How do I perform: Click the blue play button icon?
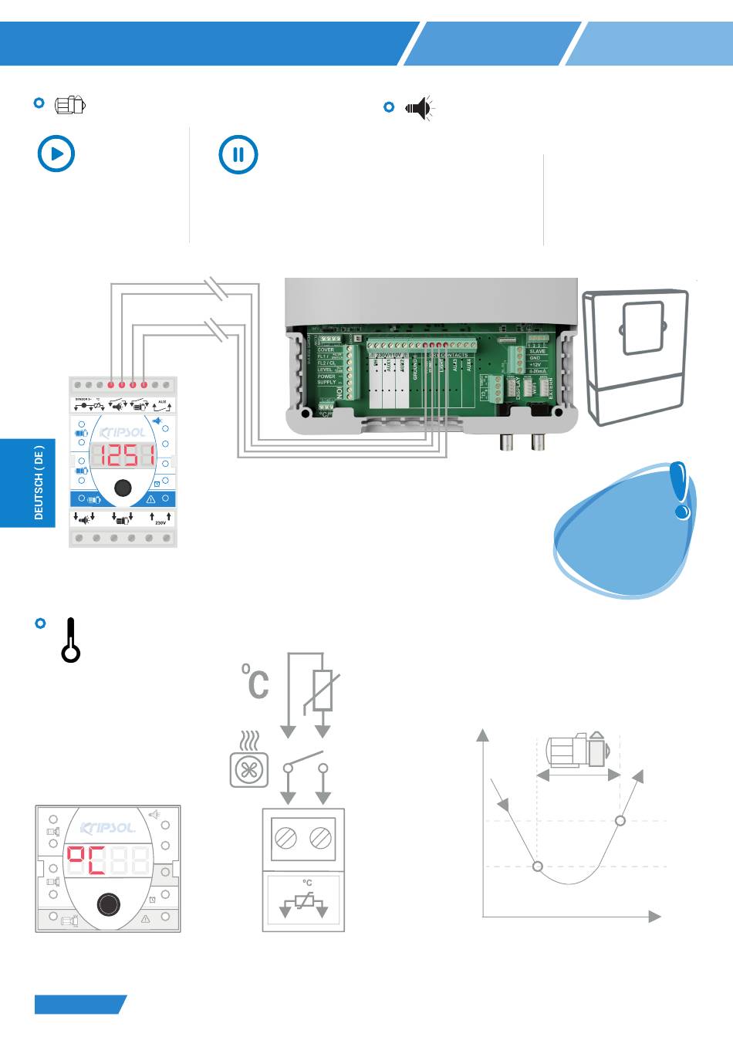click(56, 154)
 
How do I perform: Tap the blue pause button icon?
click(238, 154)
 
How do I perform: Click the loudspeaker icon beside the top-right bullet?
click(419, 108)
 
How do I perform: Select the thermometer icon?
click(71, 640)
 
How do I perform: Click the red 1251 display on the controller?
click(123, 455)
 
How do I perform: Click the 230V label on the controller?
click(160, 522)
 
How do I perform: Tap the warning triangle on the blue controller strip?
click(151, 499)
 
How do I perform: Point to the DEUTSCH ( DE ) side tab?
click(39, 482)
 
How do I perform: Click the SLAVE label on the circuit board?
click(537, 351)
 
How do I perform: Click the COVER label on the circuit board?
click(326, 350)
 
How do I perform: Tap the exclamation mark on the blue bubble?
click(679, 489)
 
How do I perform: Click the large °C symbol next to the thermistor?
click(256, 681)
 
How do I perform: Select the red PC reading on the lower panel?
click(86, 860)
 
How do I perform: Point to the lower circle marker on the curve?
click(538, 866)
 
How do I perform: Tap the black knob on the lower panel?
click(108, 905)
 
